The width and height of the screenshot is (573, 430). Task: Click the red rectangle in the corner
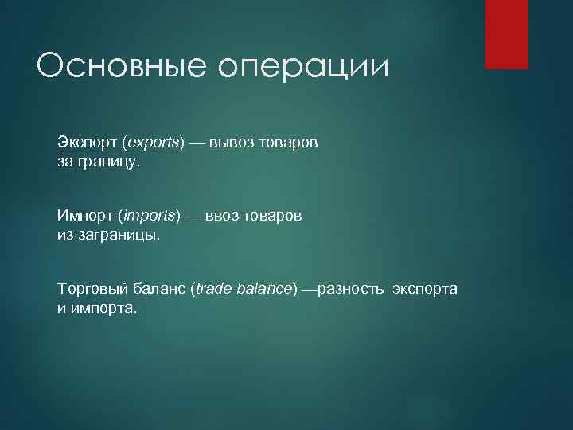[507, 34]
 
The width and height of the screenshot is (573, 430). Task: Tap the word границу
[108, 162]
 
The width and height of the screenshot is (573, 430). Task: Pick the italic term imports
[149, 216]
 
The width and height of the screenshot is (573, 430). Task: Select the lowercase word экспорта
[424, 288]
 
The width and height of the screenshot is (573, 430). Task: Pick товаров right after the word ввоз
[274, 216]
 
